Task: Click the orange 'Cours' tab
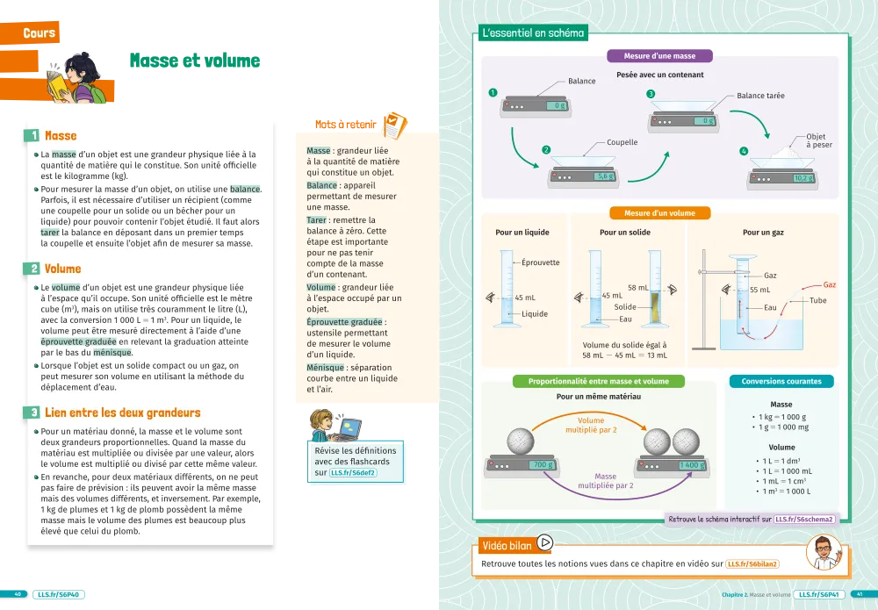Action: (40, 33)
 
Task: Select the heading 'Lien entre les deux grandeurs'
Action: (122, 413)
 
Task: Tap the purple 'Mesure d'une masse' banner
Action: (661, 56)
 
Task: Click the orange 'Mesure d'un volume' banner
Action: (660, 212)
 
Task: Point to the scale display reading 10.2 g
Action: (803, 178)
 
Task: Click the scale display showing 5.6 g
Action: (604, 176)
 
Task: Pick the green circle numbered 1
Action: (493, 92)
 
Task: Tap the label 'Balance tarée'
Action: (760, 96)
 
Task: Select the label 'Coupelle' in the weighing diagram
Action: (622, 142)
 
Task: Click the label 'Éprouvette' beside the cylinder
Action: (540, 262)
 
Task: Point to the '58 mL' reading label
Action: (638, 287)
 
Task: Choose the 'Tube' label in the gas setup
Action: (817, 301)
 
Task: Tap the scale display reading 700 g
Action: (543, 464)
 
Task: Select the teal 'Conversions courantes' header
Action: (781, 382)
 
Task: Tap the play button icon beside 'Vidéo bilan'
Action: (544, 543)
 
